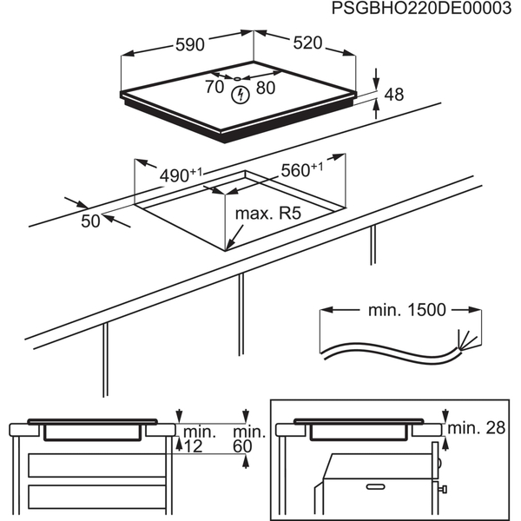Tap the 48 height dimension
(x=394, y=95)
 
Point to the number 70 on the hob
(x=214, y=87)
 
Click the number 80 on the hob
(x=265, y=88)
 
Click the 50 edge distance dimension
(x=91, y=221)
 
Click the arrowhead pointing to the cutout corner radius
(x=227, y=246)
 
